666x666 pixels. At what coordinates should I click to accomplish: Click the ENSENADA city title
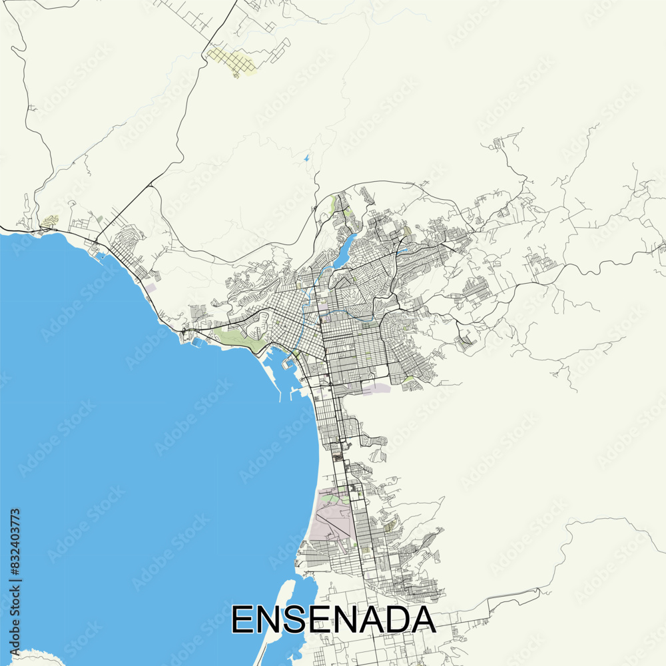tap(333, 619)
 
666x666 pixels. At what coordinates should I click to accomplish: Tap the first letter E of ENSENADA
tap(242, 619)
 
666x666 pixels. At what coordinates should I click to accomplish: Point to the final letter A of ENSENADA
tap(423, 619)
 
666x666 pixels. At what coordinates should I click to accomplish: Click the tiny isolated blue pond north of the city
tap(306, 159)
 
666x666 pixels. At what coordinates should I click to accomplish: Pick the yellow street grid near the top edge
tap(232, 61)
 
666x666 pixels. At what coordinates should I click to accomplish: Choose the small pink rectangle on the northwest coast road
tap(151, 288)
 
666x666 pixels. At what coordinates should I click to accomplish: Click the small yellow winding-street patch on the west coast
tap(49, 220)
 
